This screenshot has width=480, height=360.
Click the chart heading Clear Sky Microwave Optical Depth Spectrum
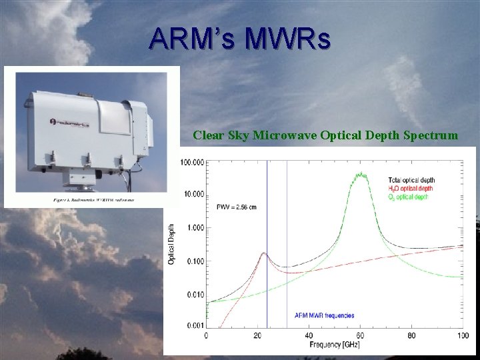(x=325, y=135)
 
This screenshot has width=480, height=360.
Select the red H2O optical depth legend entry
(x=411, y=189)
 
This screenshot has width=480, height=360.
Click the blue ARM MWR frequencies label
(x=324, y=315)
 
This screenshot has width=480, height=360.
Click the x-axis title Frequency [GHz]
(x=334, y=345)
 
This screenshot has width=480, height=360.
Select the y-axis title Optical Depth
(x=171, y=243)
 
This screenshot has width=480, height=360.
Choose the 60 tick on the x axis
(x=361, y=335)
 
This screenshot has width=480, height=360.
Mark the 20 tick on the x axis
(x=257, y=335)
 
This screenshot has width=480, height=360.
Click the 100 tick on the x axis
(x=462, y=335)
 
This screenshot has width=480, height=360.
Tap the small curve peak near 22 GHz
(x=263, y=253)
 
